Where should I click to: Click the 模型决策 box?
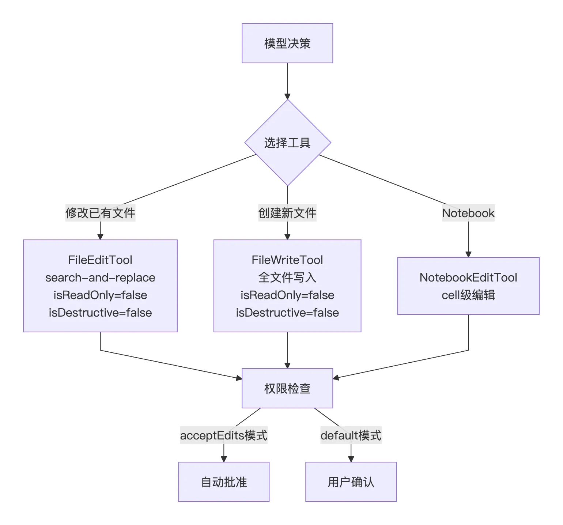pos(287,43)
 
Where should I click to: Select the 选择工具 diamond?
pos(288,143)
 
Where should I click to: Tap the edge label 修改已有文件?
pos(101,213)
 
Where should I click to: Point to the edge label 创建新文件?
pos(287,213)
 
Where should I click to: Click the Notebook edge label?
pos(468,213)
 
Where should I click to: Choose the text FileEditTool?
pos(100,260)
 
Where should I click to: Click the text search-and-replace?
pos(100,277)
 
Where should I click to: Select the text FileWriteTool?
pos(287,260)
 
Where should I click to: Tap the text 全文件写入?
pos(287,277)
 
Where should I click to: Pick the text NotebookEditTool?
pos(468,277)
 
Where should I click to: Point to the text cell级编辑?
pos(468,295)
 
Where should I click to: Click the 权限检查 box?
pos(287,388)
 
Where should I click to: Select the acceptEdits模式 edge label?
pos(224,435)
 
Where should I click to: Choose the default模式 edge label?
pos(351,435)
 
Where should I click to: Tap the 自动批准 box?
pos(224,482)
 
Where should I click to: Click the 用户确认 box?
pos(351,482)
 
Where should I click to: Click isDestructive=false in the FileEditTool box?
pos(100,313)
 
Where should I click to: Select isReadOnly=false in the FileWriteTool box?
pos(287,295)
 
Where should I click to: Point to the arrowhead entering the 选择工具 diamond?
pos(287,97)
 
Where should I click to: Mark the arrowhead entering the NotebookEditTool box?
pos(468,254)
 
